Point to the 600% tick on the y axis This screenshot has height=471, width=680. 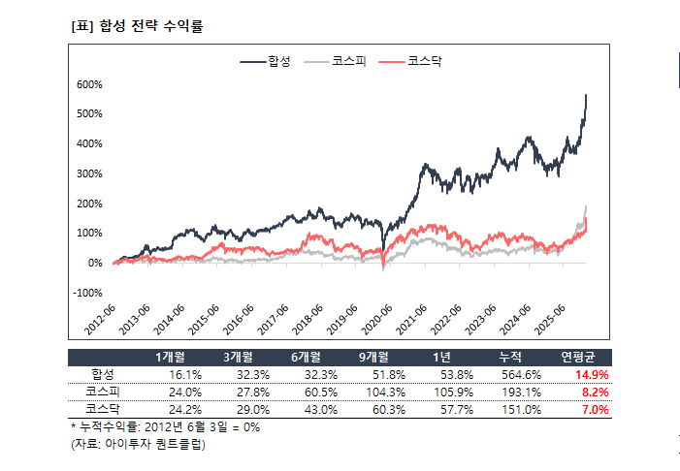click(x=88, y=84)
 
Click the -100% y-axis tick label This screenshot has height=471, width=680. click(x=87, y=293)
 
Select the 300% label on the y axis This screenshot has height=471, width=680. click(x=88, y=173)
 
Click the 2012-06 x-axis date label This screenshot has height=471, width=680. click(x=101, y=317)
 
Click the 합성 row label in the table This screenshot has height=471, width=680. click(x=103, y=374)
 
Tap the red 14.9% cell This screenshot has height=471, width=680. click(x=591, y=374)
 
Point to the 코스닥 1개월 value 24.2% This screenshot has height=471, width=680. click(x=185, y=409)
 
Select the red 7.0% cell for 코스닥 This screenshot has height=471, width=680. click(x=594, y=409)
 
